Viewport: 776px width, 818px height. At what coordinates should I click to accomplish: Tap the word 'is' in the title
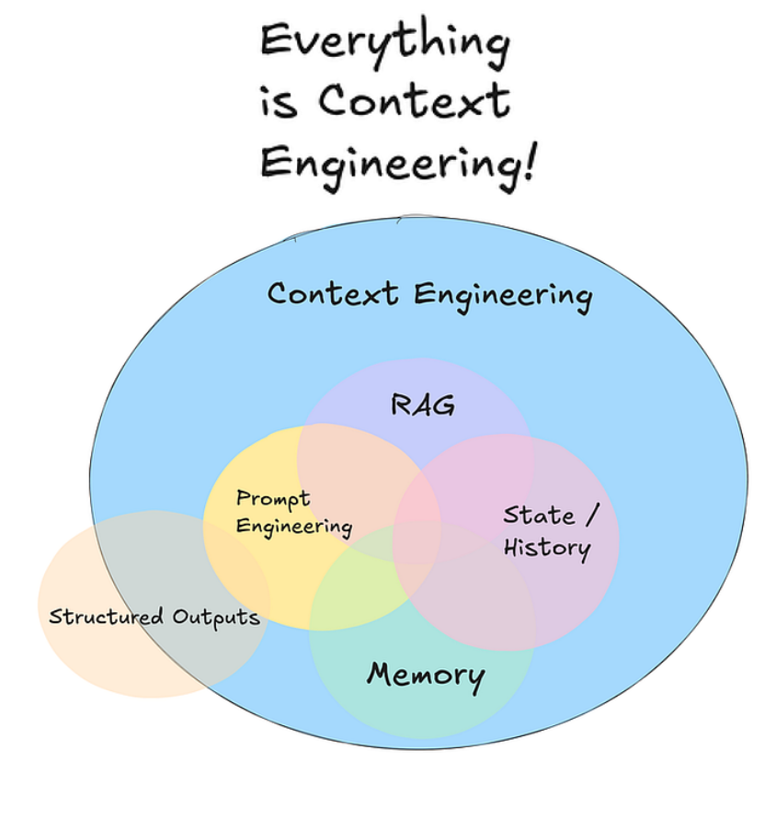(279, 102)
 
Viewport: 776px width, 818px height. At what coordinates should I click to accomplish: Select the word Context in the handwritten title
(414, 101)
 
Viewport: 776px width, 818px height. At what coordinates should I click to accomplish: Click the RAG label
(423, 404)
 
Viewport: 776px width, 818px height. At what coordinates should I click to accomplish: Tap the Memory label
(425, 675)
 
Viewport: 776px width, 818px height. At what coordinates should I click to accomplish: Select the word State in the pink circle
(539, 515)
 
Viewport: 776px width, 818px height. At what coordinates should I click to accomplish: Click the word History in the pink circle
(546, 549)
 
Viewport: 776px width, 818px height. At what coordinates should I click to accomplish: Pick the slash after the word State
(590, 515)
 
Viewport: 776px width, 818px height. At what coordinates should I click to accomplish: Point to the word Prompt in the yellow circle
(273, 499)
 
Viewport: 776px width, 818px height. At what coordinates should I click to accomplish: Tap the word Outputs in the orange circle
(216, 617)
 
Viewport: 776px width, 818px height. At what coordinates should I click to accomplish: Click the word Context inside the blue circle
(332, 294)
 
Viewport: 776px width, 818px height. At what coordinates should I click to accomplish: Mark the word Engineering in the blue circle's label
(502, 296)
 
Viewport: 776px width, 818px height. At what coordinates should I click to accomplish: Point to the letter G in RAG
(442, 404)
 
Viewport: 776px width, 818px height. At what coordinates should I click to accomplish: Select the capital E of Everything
(273, 42)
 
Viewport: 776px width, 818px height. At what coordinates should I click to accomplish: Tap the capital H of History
(513, 548)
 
